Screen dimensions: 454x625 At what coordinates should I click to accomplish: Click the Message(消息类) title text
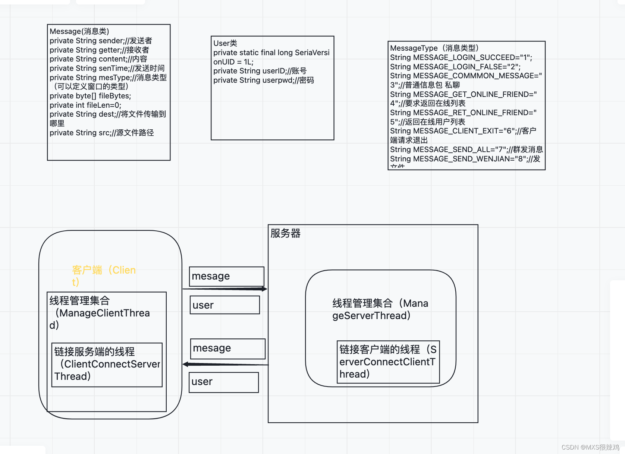coord(79,31)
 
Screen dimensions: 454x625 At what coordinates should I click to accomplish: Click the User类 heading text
coord(225,43)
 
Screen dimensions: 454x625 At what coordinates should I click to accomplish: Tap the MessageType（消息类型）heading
coord(434,48)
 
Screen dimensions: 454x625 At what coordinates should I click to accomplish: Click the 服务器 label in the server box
coord(285,233)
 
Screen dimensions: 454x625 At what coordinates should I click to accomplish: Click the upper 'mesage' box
coord(226,276)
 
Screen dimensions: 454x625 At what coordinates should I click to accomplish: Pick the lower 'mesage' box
coord(227,349)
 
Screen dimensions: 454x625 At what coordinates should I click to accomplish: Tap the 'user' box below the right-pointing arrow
coord(224,305)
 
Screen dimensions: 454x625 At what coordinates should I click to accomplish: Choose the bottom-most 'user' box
coord(224,382)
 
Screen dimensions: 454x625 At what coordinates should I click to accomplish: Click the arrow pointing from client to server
coord(225,289)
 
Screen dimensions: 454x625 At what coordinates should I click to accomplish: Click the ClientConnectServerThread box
coord(107,365)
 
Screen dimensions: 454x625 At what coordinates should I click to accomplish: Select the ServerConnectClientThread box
coord(388,362)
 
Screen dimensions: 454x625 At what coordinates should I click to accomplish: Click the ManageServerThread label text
coord(380,309)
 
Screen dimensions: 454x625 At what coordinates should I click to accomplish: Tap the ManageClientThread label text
coord(99,313)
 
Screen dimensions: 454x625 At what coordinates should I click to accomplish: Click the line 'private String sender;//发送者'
coord(101,41)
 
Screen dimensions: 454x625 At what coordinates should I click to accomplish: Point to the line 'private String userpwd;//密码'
coord(263,80)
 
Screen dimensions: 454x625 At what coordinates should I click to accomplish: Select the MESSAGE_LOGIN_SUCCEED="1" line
coord(461,57)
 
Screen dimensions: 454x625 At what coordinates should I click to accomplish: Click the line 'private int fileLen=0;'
coord(85,105)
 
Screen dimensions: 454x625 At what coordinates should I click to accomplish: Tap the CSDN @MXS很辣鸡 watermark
coord(590,447)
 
